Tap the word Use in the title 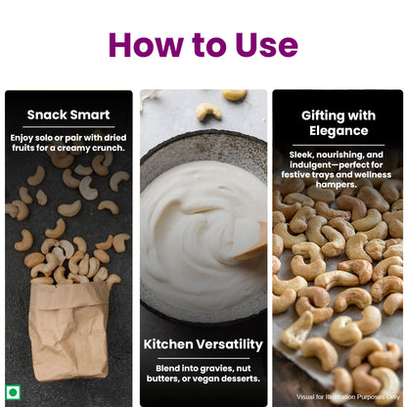tap(261, 44)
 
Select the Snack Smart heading tap(68, 114)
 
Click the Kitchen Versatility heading tap(203, 344)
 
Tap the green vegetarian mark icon tap(14, 392)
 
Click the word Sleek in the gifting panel tap(301, 156)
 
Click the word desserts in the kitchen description tap(233, 379)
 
